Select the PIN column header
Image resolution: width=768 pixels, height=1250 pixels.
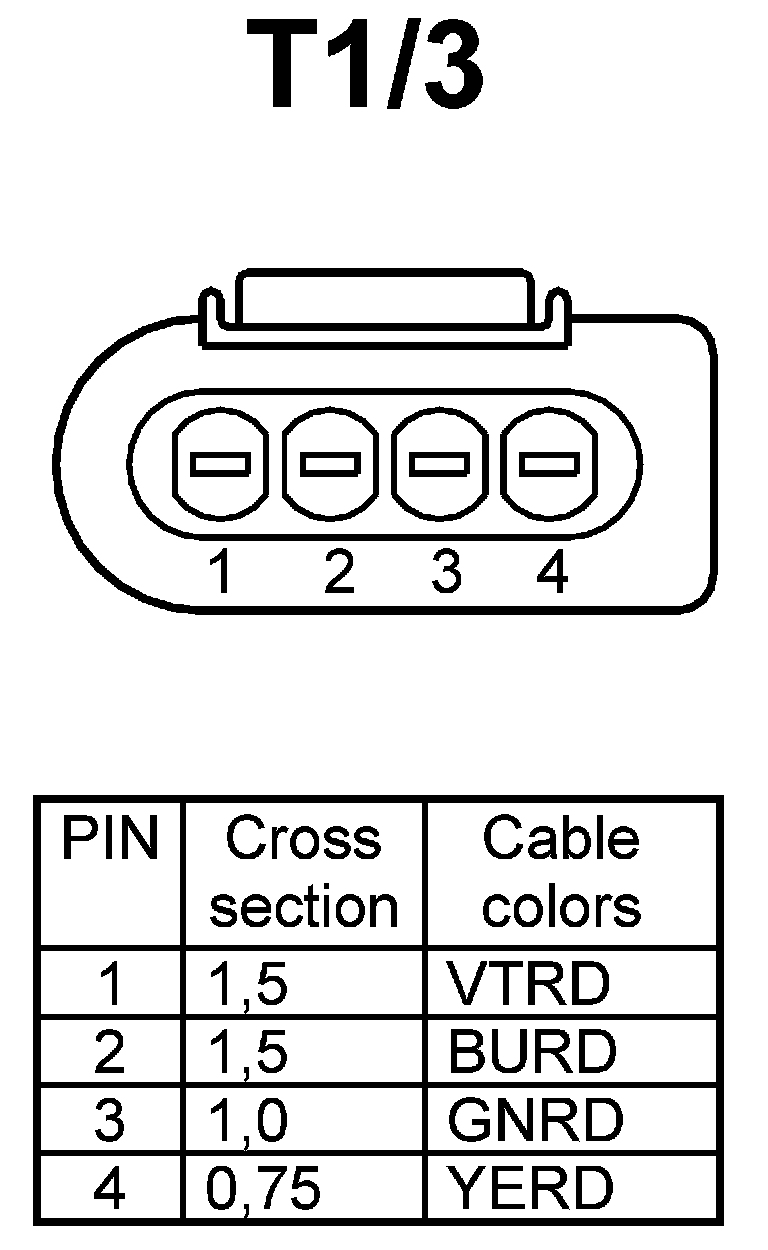(110, 839)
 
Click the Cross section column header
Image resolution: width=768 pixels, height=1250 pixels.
(304, 872)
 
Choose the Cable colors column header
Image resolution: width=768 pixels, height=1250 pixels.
(561, 872)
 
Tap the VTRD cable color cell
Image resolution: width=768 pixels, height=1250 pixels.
(528, 984)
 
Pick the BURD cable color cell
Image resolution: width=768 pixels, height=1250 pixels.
(532, 1051)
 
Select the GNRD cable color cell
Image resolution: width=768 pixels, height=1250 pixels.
(534, 1119)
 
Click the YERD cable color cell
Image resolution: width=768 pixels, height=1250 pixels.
(529, 1187)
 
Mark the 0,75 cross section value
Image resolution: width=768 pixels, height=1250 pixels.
(264, 1188)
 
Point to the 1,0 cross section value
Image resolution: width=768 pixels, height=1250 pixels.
(248, 1120)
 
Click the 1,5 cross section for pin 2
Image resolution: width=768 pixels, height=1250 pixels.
(248, 1052)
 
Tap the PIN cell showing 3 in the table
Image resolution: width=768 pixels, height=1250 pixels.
(109, 1120)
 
